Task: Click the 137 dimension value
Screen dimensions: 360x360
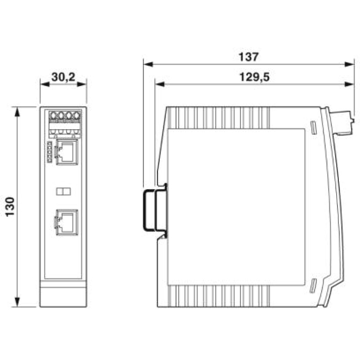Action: [x=249, y=57]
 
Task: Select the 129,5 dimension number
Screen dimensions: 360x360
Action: [x=254, y=77]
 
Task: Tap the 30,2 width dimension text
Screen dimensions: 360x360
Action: [x=63, y=77]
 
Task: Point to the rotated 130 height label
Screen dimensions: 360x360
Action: [x=10, y=207]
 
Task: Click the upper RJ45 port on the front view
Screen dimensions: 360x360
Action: [x=67, y=152]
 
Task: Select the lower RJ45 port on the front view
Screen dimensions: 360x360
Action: [x=67, y=222]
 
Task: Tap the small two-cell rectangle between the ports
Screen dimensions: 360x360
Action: [x=63, y=191]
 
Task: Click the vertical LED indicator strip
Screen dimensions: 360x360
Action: [x=49, y=152]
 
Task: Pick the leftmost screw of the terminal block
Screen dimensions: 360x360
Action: [x=53, y=115]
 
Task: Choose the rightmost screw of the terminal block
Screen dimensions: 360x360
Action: [x=76, y=115]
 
